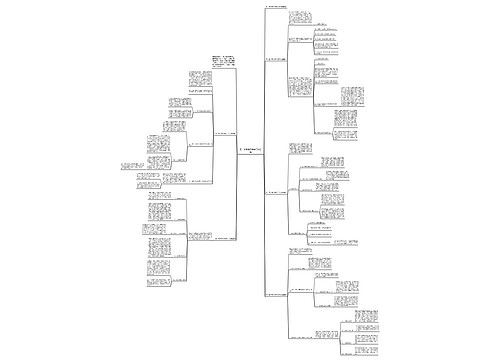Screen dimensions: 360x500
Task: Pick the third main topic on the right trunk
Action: coord(280,191)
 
